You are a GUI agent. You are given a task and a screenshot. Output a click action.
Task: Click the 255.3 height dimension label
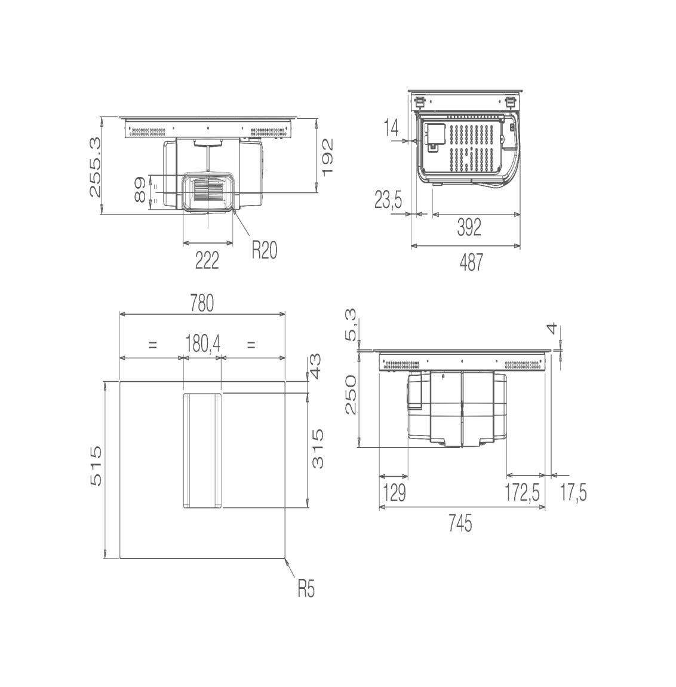95,167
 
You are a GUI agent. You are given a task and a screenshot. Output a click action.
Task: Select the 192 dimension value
327,157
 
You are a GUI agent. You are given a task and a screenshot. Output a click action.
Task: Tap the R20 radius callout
264,250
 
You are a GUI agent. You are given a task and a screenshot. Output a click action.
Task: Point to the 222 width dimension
207,261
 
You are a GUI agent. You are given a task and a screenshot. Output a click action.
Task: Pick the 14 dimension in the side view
392,127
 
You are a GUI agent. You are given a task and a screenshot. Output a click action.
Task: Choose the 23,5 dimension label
388,201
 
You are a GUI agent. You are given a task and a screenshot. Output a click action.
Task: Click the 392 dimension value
469,227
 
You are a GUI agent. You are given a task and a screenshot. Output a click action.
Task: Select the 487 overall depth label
471,262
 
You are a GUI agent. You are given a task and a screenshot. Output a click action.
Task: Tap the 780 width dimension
202,303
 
